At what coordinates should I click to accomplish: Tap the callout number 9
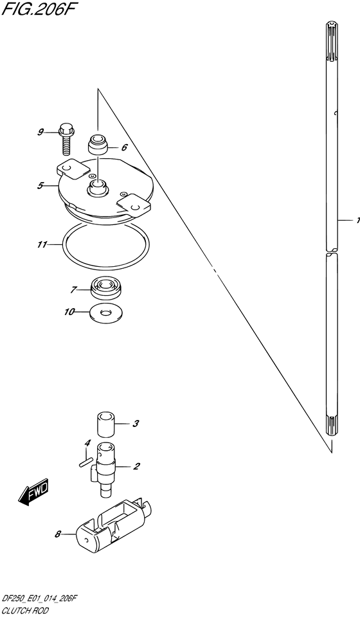(x=40, y=132)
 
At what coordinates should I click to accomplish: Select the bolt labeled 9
(x=66, y=139)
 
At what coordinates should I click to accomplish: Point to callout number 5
(x=40, y=186)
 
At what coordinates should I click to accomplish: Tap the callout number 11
(x=42, y=245)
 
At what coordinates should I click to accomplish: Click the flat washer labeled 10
(x=106, y=313)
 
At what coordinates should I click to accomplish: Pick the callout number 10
(x=69, y=313)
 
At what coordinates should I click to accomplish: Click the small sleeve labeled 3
(x=105, y=424)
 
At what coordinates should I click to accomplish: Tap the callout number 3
(x=135, y=424)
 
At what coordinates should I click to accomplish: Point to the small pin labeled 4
(x=85, y=462)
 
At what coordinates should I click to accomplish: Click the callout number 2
(x=136, y=467)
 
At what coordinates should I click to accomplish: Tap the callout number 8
(x=57, y=535)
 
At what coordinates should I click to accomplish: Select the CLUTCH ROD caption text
(x=26, y=611)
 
